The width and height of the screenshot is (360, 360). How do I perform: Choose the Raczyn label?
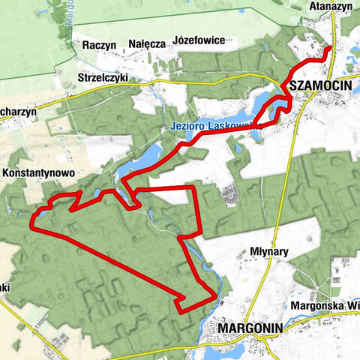click(99, 45)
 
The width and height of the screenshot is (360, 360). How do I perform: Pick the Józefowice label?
click(199, 39)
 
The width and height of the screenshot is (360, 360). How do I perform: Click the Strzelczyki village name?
click(103, 77)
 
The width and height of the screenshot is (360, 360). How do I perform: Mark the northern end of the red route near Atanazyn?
click(330, 48)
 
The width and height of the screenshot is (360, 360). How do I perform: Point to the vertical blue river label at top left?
click(67, 15)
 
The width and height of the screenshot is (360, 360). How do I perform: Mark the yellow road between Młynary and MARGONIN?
click(277, 285)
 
